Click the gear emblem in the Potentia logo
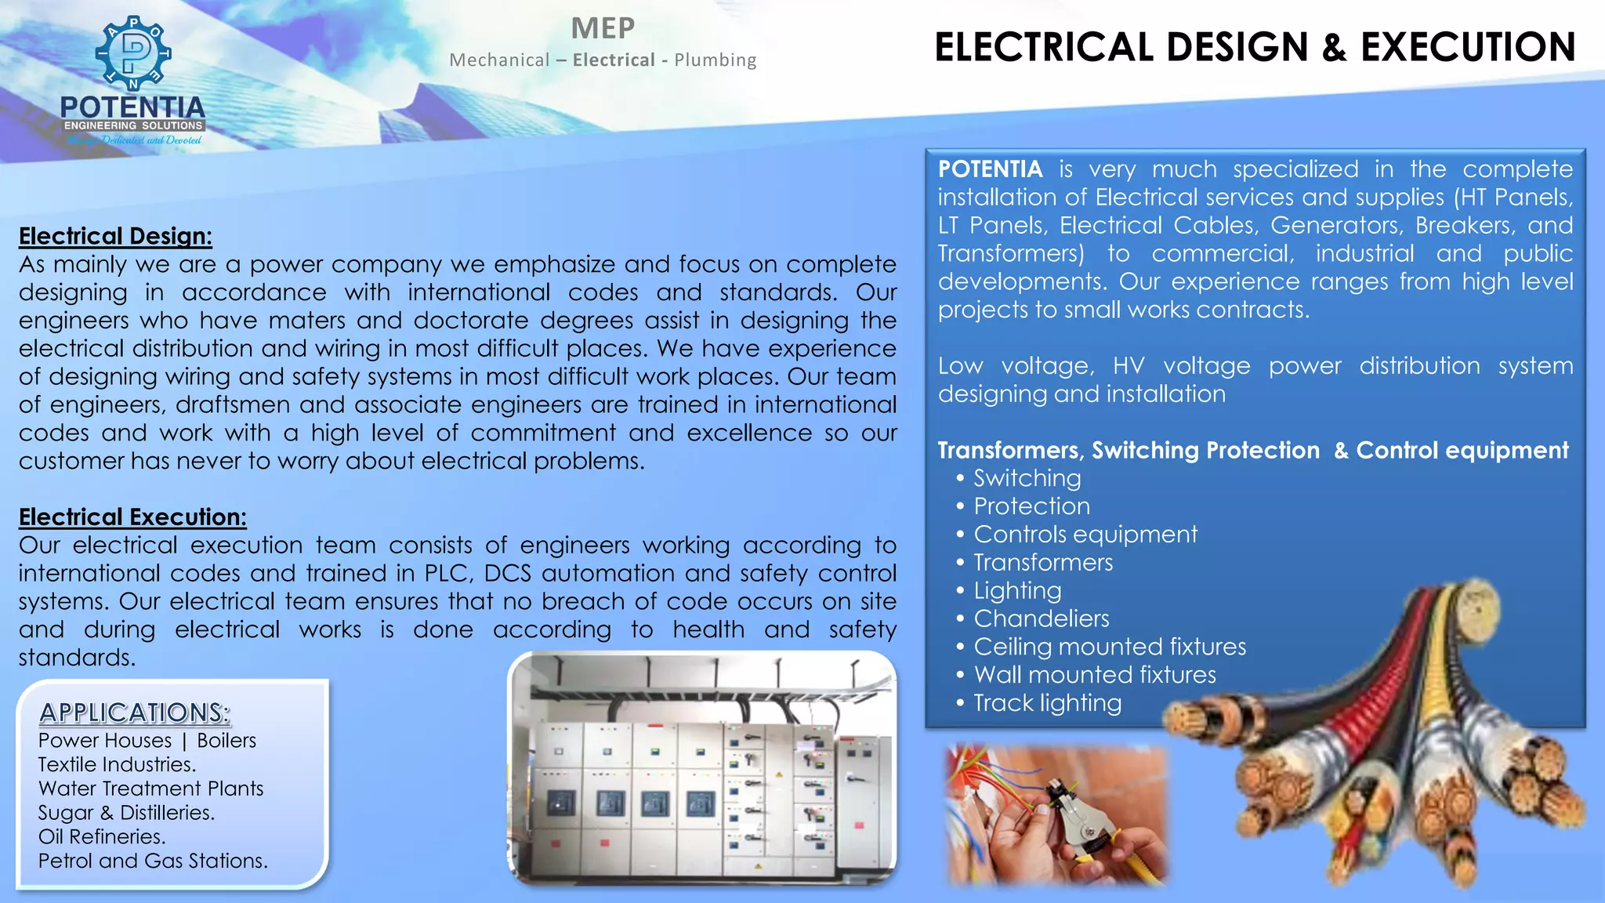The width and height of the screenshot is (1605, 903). pos(133,53)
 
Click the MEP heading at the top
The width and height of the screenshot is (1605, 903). pos(603,29)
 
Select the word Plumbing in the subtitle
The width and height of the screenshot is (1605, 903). pos(715,60)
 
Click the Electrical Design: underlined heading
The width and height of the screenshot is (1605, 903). pos(115,236)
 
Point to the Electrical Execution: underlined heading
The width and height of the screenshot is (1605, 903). pos(132,517)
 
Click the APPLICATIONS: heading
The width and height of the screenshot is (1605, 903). pos(135,713)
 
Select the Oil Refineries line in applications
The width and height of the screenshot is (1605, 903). pos(102,836)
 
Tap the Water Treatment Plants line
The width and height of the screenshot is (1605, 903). pos(150,789)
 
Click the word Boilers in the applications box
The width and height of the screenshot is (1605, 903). pos(226,741)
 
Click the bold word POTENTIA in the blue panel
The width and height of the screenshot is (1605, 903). pos(990,169)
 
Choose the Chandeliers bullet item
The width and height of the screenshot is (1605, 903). pos(1041,618)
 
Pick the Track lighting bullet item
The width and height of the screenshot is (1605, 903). pos(1047,703)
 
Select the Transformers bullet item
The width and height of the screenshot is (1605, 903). pos(1042,563)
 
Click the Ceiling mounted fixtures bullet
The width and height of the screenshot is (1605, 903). pos(1109,647)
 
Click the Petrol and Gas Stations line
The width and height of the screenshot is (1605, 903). pos(153,861)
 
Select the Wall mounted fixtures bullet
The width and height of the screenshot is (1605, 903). pos(1094,675)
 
